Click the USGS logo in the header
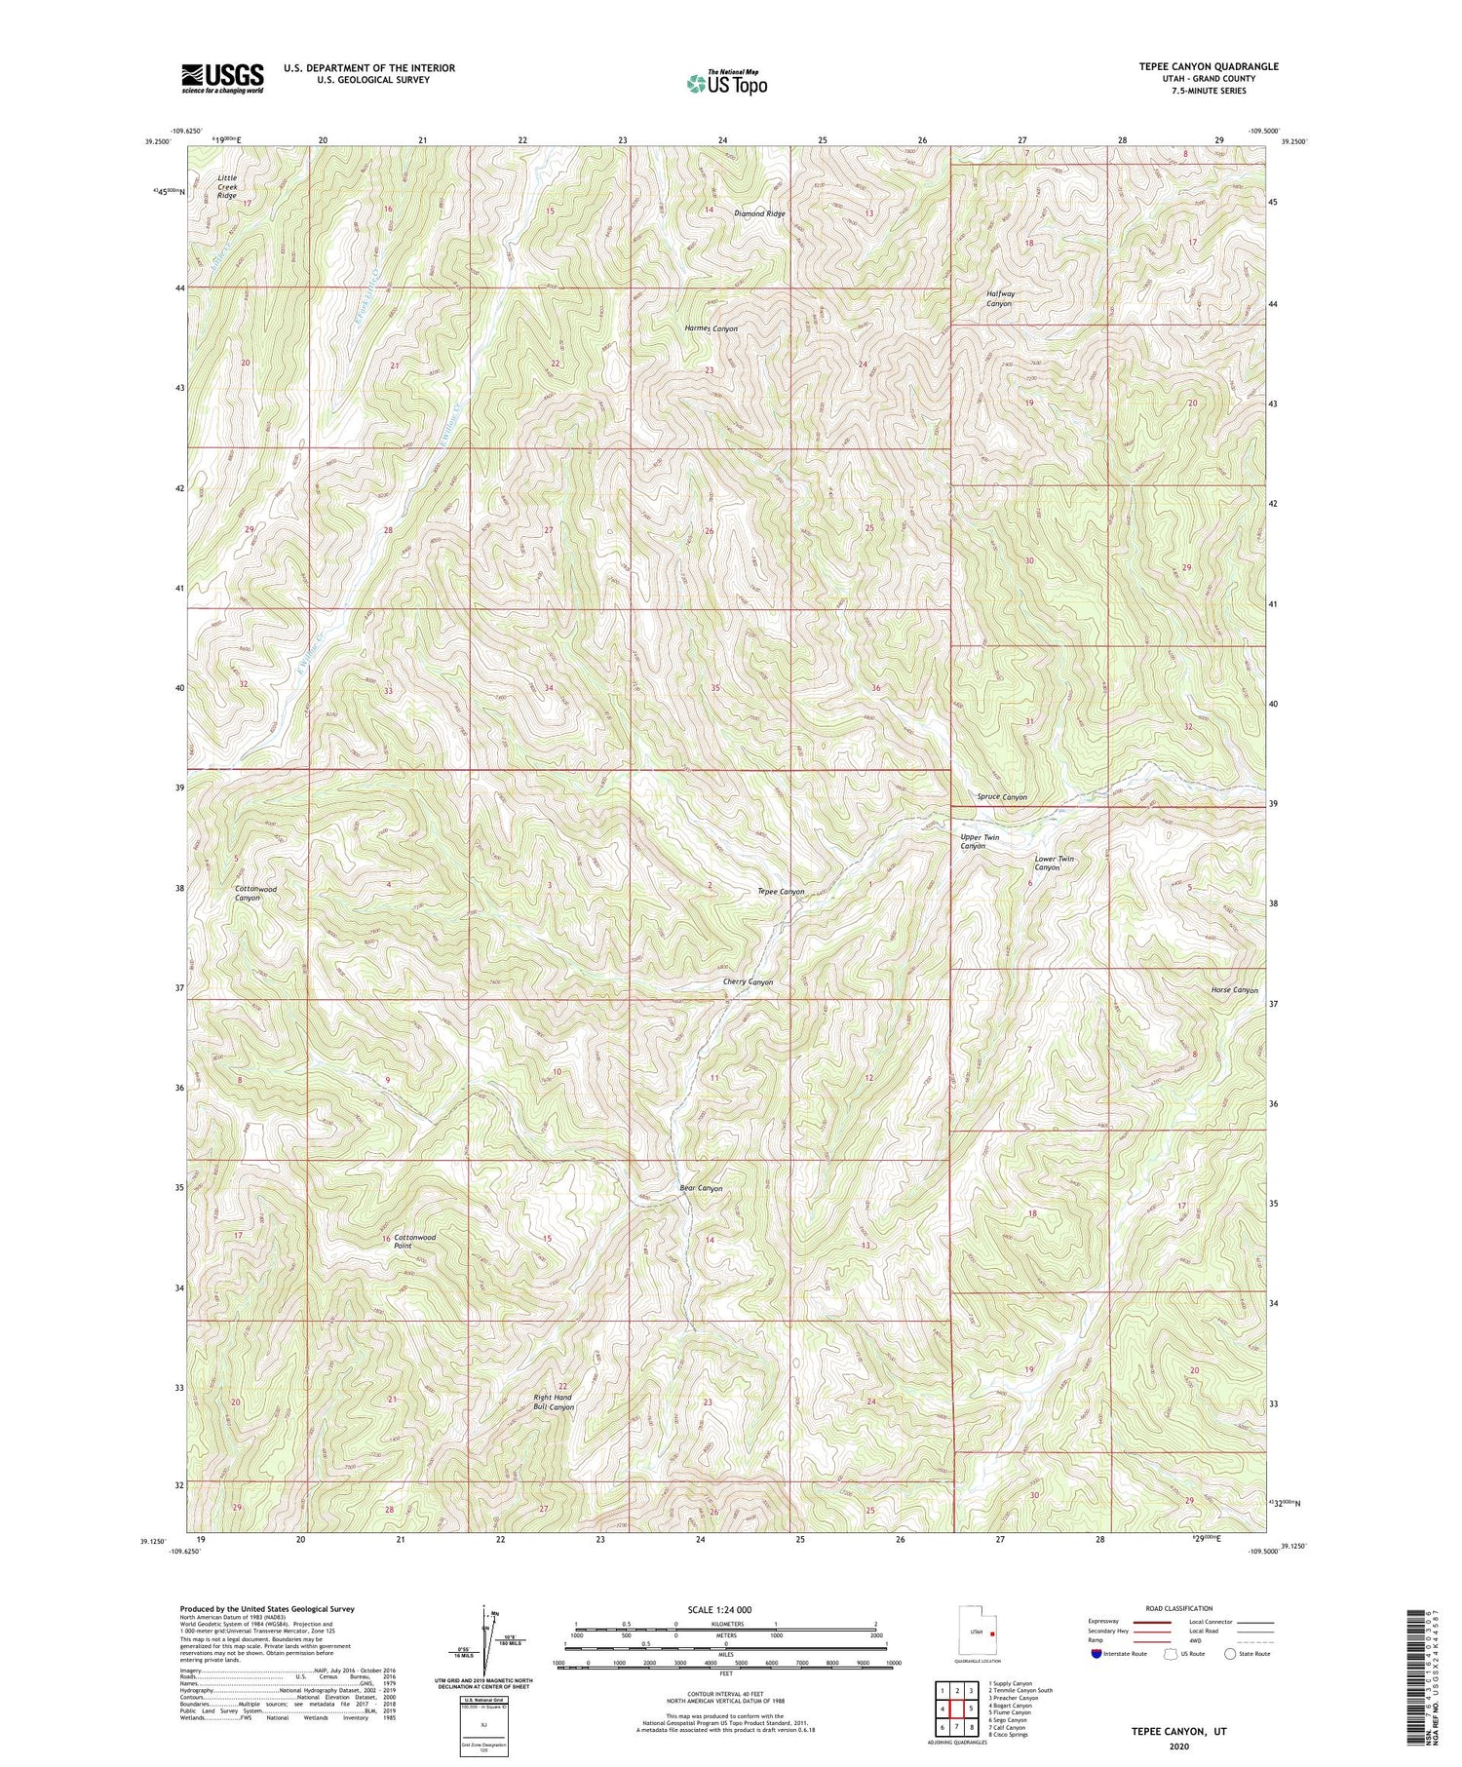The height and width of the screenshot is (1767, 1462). coord(222,78)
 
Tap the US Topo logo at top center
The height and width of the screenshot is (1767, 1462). coord(727,84)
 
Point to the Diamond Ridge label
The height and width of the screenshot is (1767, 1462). coord(759,213)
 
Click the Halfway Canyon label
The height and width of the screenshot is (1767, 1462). coord(999,298)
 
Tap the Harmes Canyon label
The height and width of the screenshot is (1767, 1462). coord(711,329)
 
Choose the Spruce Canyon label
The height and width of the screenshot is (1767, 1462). coord(1001,797)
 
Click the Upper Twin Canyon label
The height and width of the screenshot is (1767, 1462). coord(979,842)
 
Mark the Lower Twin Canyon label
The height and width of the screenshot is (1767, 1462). coord(1053,863)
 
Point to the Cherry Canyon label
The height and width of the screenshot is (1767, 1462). coord(748,982)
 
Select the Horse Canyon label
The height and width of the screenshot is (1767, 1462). coord(1234,990)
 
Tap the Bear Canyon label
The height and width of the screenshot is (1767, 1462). coord(701,1189)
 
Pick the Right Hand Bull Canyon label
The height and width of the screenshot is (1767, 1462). coord(553,1402)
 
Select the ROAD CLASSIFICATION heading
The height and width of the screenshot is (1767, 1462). coord(1178,1609)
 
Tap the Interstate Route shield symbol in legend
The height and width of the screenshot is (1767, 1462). coord(1096,1654)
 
